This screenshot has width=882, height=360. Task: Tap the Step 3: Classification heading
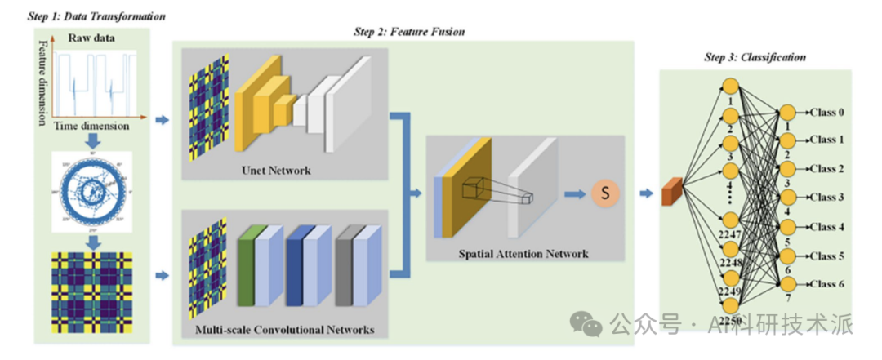pyautogui.click(x=755, y=57)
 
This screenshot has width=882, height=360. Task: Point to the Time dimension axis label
pyautogui.click(x=91, y=127)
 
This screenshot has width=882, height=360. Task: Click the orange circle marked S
pyautogui.click(x=605, y=193)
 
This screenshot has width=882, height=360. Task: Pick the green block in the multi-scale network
pyautogui.click(x=246, y=263)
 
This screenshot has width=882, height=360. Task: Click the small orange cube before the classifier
pyautogui.click(x=671, y=192)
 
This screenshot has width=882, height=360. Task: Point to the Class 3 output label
pyautogui.click(x=826, y=197)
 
